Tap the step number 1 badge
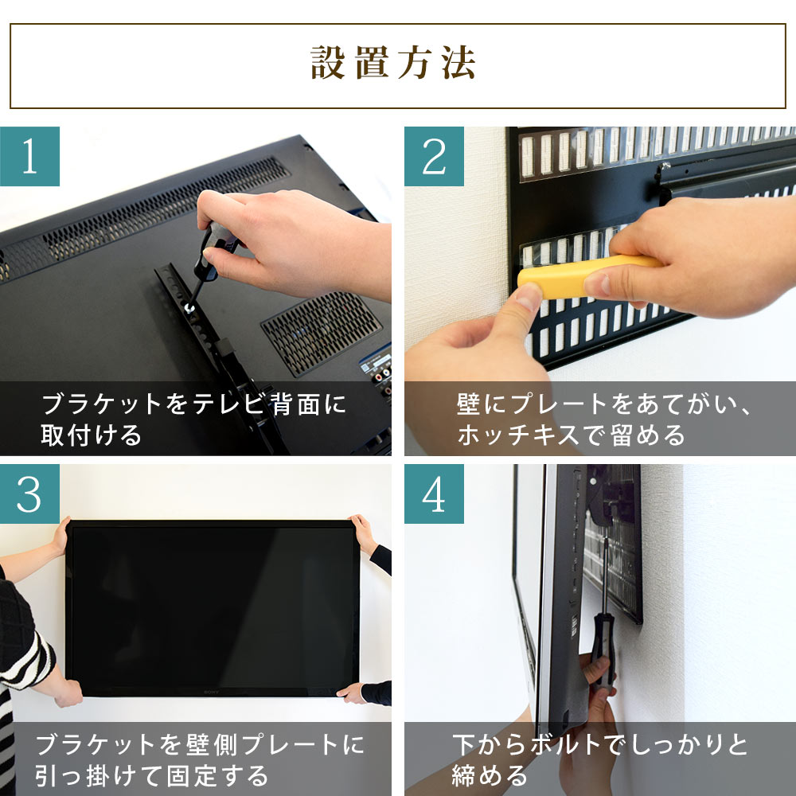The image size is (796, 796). (29, 157)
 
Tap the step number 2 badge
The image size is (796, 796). (434, 157)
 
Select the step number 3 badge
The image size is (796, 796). (29, 494)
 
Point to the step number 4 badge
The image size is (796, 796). (434, 494)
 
